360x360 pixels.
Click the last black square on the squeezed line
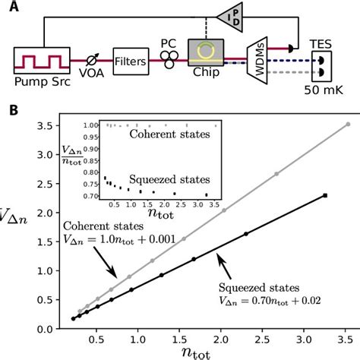325,196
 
